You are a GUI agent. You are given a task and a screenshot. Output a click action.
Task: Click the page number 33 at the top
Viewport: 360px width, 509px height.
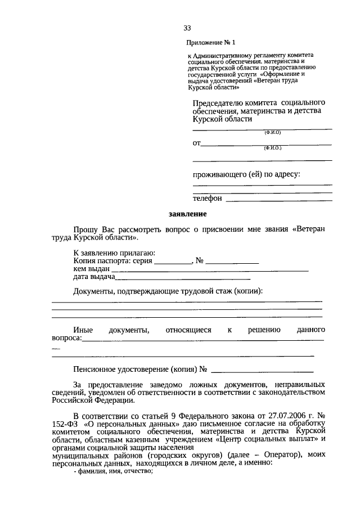pos(187,29)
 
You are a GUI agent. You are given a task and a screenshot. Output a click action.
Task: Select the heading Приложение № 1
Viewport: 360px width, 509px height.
pos(209,43)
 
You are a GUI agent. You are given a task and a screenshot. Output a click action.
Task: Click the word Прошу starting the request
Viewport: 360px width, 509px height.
pos(86,230)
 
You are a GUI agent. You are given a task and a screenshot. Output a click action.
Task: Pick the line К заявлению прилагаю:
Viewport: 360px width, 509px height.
pos(114,254)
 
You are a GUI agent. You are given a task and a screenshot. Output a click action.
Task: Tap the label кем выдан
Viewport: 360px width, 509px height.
pos(91,269)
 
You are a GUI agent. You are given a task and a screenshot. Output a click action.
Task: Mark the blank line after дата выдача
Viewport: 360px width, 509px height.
pos(183,278)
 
